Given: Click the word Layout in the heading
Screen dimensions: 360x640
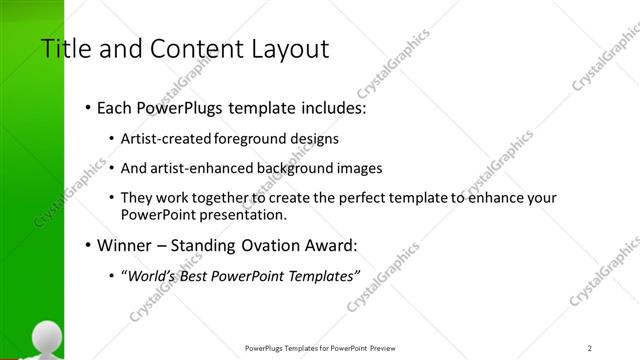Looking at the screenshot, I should [x=291, y=49].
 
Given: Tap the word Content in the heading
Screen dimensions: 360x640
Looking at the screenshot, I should [x=191, y=49].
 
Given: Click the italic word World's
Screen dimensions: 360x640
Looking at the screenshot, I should [x=149, y=275].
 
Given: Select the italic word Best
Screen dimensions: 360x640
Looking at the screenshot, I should [x=195, y=275].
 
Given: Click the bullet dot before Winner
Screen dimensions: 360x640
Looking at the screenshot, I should [x=89, y=245].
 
